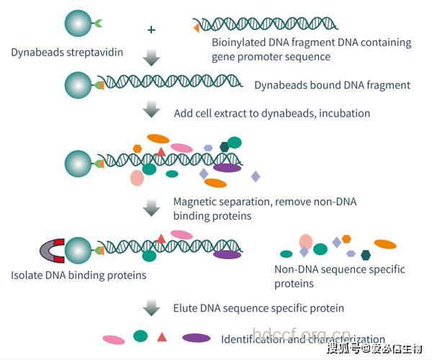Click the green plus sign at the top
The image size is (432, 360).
point(151,30)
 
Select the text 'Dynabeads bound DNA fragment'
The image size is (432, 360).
point(332,85)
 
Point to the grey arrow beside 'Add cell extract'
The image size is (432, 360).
point(151,109)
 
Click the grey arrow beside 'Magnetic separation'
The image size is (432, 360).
point(151,208)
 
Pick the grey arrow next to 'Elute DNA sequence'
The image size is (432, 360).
point(151,307)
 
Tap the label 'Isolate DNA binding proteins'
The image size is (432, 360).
point(78,275)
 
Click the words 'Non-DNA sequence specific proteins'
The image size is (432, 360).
point(339,276)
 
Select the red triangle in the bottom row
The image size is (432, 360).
point(162,336)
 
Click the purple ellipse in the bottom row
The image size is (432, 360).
point(197,338)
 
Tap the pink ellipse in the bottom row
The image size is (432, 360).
point(114,339)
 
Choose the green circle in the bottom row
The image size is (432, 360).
point(140,336)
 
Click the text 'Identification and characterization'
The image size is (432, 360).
point(302,339)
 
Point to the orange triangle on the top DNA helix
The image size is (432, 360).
point(196,27)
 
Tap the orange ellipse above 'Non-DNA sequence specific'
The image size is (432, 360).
point(385,244)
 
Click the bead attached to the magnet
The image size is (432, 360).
point(78,250)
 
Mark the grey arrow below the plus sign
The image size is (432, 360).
point(151,58)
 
